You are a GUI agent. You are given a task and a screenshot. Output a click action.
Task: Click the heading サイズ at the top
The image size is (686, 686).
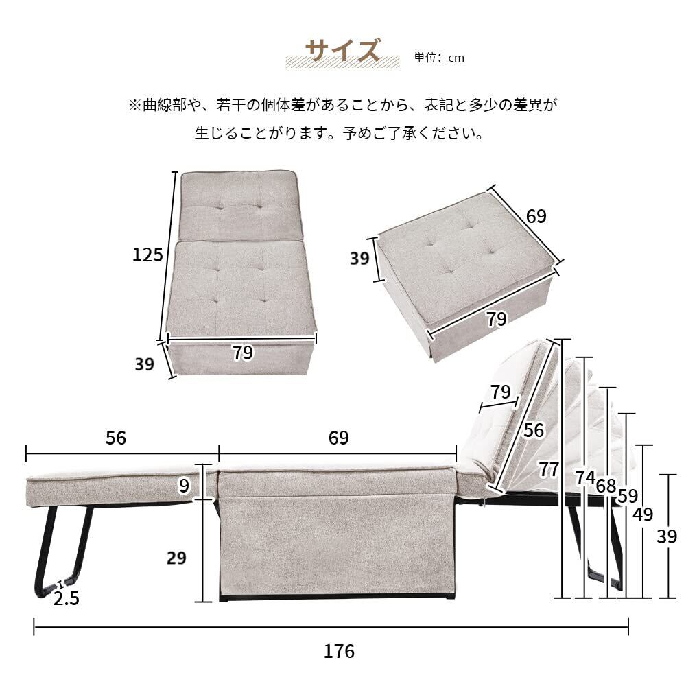tap(342, 51)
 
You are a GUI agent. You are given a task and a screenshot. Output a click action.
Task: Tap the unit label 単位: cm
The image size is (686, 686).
tap(439, 58)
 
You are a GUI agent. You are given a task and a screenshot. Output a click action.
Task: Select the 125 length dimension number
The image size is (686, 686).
tap(147, 255)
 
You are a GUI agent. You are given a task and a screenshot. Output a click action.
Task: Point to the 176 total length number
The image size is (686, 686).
tap(340, 651)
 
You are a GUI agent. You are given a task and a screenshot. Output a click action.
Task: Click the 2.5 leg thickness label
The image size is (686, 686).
tap(67, 599)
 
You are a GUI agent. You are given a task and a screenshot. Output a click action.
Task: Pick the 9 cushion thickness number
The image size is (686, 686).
tap(183, 486)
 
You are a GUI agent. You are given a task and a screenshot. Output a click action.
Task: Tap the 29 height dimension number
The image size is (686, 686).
tap(177, 558)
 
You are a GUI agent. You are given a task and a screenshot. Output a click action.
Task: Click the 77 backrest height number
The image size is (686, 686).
tap(549, 470)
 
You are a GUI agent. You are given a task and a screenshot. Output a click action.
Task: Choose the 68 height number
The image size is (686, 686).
tap(606, 486)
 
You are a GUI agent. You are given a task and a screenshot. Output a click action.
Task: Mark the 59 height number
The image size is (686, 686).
tap(627, 496)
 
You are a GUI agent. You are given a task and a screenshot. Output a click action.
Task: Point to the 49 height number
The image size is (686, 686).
tap(643, 514)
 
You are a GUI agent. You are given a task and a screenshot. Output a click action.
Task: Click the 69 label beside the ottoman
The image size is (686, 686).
tap(536, 216)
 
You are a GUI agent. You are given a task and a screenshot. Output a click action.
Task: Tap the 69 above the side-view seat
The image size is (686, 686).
tap(338, 438)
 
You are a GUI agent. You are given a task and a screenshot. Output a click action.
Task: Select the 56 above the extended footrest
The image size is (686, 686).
tap(117, 438)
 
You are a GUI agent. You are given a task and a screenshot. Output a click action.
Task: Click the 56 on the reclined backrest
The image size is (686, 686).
tap(534, 430)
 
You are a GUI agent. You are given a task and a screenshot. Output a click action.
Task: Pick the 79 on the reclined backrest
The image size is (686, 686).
tap(500, 392)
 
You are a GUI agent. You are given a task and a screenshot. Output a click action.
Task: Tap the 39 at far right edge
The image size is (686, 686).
tap(667, 536)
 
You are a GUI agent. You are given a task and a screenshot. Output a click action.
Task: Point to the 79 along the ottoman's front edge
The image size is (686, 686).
tap(497, 319)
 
